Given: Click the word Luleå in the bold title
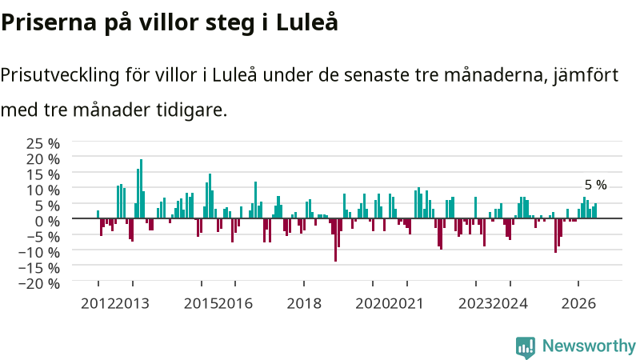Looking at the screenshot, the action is (307, 22).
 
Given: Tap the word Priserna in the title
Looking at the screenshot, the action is (49, 22).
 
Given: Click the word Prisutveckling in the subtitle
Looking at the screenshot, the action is (60, 75).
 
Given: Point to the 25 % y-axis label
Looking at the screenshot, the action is (43, 143).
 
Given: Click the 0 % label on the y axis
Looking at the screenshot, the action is (47, 222).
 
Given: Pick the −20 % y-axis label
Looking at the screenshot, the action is (39, 283).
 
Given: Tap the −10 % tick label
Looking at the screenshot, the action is (39, 252).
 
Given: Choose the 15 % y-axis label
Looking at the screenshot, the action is (43, 174).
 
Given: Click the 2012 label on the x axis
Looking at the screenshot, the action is (98, 304).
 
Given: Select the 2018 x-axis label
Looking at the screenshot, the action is (304, 304).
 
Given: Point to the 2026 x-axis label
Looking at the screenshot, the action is (578, 304).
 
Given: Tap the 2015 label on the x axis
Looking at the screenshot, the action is (201, 304).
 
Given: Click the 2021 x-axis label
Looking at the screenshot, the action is (406, 304).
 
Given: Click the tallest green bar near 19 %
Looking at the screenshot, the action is (142, 189).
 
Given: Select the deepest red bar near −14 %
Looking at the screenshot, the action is (335, 240).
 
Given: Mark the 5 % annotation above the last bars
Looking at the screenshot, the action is (595, 185).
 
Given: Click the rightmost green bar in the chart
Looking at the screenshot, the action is (595, 210).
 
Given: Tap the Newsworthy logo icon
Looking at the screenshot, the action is (526, 347).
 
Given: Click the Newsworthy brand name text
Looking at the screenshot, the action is (589, 346).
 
